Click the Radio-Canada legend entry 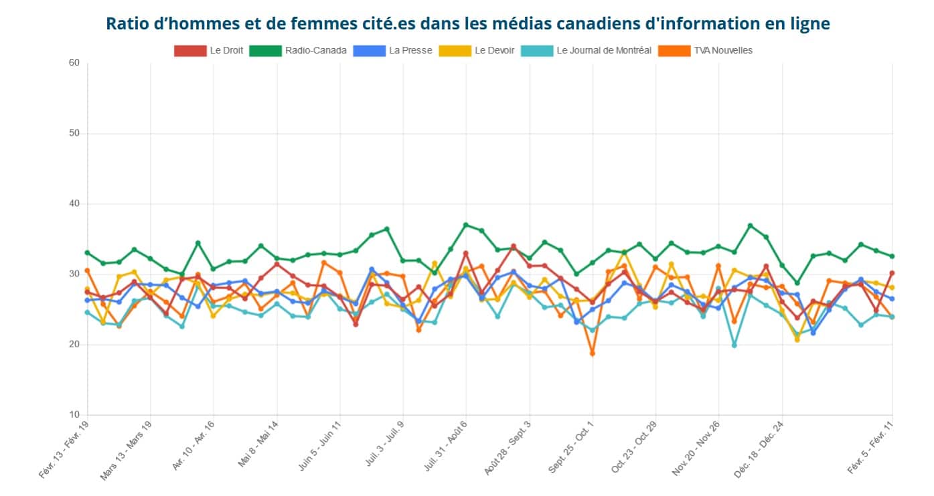[298, 50]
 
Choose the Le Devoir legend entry [476, 50]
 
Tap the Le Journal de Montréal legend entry [587, 50]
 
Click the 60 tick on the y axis [74, 63]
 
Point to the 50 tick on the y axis [74, 133]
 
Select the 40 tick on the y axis [74, 203]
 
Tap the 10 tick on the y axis [74, 415]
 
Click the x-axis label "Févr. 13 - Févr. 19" [64, 450]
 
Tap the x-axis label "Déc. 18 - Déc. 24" [758, 450]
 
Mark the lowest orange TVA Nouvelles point [592, 353]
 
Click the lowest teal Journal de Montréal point [734, 345]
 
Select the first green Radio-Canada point [87, 252]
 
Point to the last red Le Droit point [892, 273]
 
